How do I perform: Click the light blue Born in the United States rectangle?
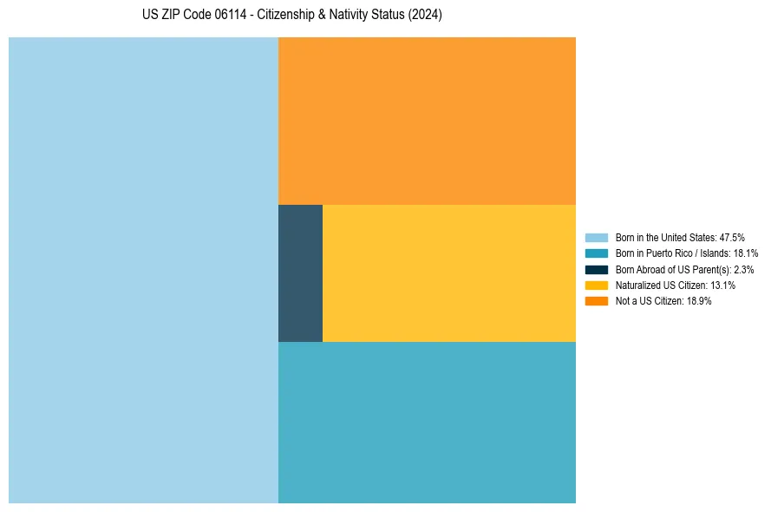(x=143, y=270)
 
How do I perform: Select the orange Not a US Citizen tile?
(x=427, y=121)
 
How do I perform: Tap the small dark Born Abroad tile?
(x=300, y=273)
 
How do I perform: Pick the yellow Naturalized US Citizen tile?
(x=448, y=273)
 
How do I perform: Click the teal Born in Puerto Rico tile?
(x=427, y=422)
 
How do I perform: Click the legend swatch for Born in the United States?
(x=597, y=238)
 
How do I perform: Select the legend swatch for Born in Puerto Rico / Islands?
(x=597, y=253)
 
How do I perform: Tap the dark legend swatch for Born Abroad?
(x=597, y=270)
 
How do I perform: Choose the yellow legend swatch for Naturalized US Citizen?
(x=597, y=286)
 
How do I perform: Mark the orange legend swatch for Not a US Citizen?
(x=597, y=301)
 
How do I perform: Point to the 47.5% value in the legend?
(x=732, y=238)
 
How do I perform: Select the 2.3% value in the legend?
(x=743, y=270)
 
